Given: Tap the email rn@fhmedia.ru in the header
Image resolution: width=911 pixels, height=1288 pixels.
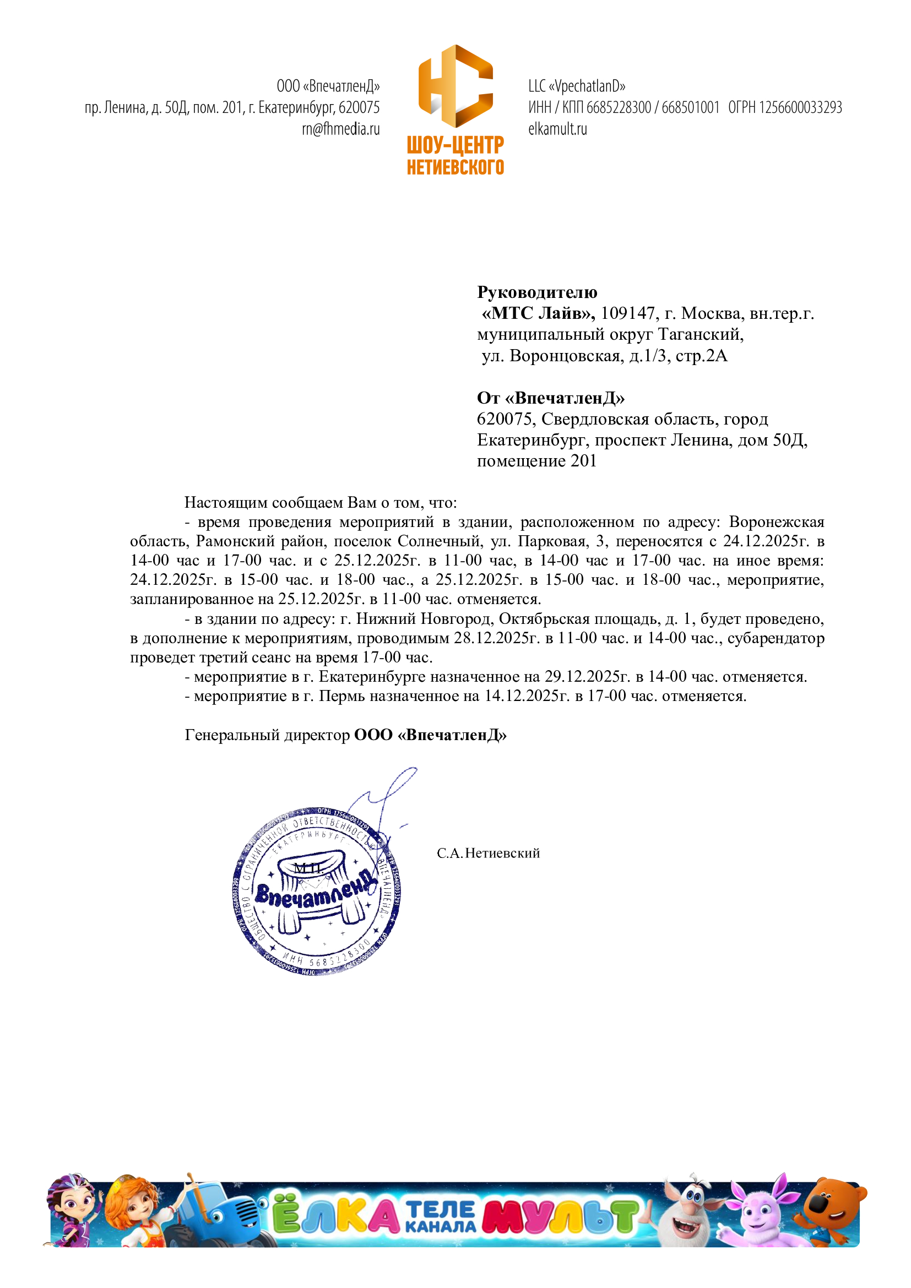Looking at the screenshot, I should tap(340, 129).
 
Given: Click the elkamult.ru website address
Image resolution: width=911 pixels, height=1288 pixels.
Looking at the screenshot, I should tap(557, 129).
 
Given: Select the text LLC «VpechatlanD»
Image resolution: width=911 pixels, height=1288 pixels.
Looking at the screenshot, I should tap(576, 86).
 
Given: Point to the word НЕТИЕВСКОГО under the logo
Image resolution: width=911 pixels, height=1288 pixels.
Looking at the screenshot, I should tap(455, 167).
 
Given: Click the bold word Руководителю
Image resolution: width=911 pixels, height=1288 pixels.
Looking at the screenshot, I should tap(537, 292).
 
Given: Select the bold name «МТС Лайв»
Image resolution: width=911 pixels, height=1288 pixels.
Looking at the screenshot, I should tap(538, 313).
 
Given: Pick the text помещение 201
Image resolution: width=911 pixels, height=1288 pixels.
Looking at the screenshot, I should tap(536, 460).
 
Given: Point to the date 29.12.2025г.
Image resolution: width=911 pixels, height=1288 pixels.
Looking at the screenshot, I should tap(587, 677).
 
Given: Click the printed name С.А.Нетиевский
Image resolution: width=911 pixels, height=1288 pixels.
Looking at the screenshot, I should tap(488, 853).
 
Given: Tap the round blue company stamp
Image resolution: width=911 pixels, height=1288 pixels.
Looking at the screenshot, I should tap(316, 893).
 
